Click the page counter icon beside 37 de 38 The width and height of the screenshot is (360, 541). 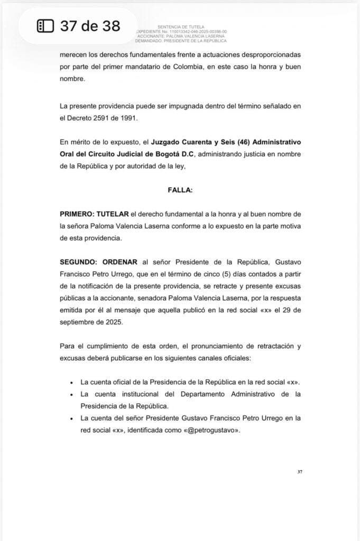[45, 26]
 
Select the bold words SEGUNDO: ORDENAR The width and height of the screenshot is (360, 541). [98, 262]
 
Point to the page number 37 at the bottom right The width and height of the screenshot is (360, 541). [300, 472]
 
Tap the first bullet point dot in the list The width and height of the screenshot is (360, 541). [71, 382]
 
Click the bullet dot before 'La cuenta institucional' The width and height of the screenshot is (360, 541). [71, 394]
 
